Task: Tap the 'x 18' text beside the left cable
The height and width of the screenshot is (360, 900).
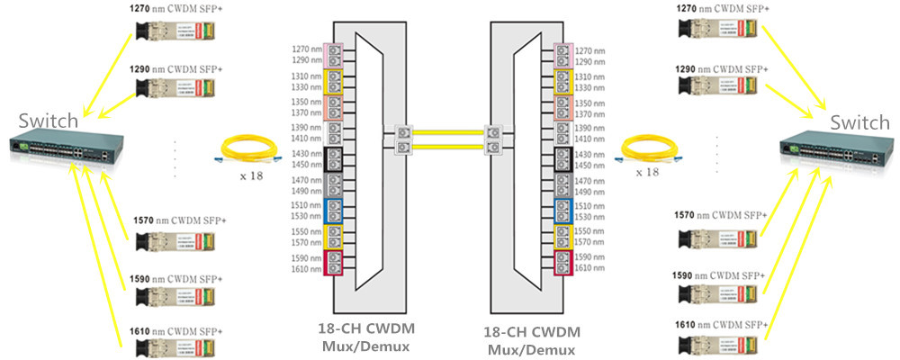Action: click(251, 175)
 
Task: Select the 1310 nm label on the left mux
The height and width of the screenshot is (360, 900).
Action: click(307, 76)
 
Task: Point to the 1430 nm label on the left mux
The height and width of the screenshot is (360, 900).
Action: click(307, 154)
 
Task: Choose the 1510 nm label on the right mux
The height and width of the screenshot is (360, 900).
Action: click(590, 205)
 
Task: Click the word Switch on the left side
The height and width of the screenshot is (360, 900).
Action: click(48, 121)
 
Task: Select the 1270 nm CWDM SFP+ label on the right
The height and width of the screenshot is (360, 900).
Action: click(720, 8)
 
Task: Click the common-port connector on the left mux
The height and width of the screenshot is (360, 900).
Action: click(401, 139)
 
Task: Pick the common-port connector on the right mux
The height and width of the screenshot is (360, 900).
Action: click(492, 139)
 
